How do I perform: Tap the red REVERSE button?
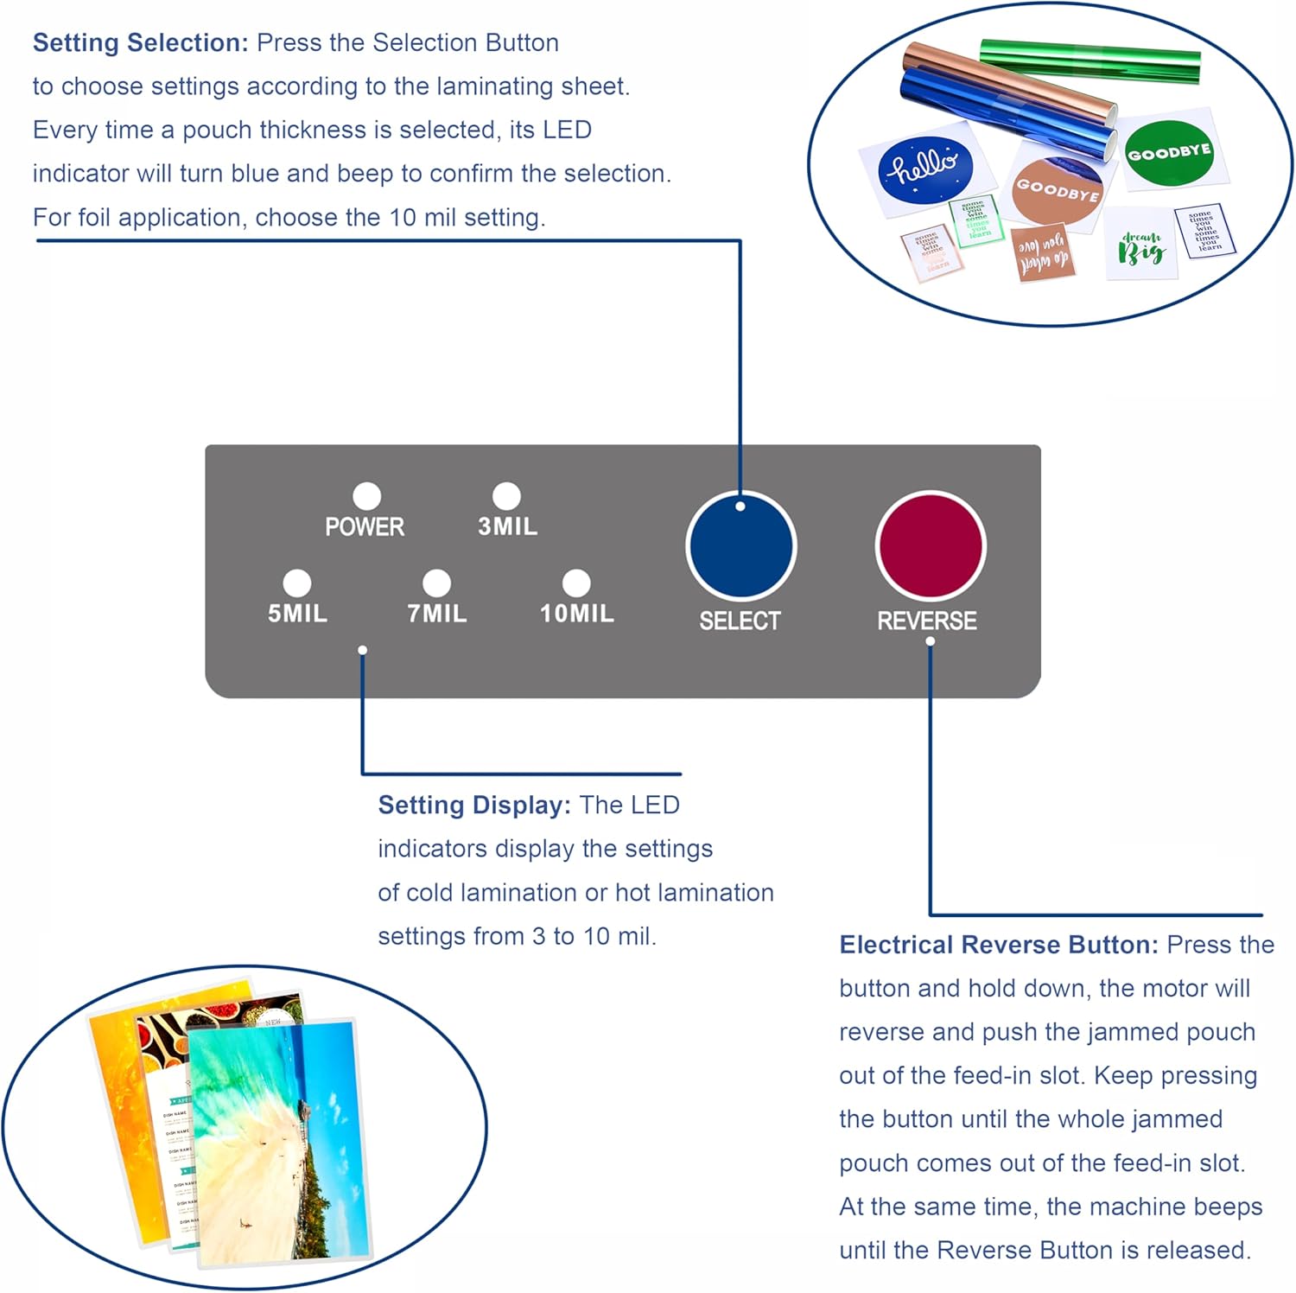[x=930, y=545]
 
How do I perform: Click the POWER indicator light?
[x=366, y=496]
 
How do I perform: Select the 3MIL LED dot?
[x=506, y=496]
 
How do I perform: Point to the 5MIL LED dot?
[x=296, y=583]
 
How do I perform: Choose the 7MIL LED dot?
[x=436, y=583]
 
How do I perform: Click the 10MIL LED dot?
[x=576, y=583]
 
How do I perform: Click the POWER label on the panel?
[x=365, y=526]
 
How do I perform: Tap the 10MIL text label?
[x=577, y=614]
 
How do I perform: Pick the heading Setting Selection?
[x=140, y=42]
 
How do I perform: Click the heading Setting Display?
[x=474, y=805]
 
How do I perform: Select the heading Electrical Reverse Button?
[x=998, y=945]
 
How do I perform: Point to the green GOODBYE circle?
[x=1169, y=153]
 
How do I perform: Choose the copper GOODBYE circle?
[x=1057, y=189]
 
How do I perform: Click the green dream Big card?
[x=1141, y=246]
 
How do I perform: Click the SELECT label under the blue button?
[x=740, y=621]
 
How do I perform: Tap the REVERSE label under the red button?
[x=927, y=621]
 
